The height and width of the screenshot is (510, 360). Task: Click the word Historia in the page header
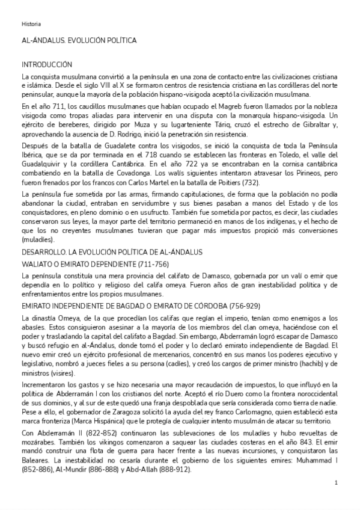(x=31, y=24)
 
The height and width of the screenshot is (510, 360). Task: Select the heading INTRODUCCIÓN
(x=47, y=64)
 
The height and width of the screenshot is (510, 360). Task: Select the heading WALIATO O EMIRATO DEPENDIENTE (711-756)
(x=95, y=264)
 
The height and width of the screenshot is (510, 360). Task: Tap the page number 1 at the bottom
(x=336, y=483)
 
